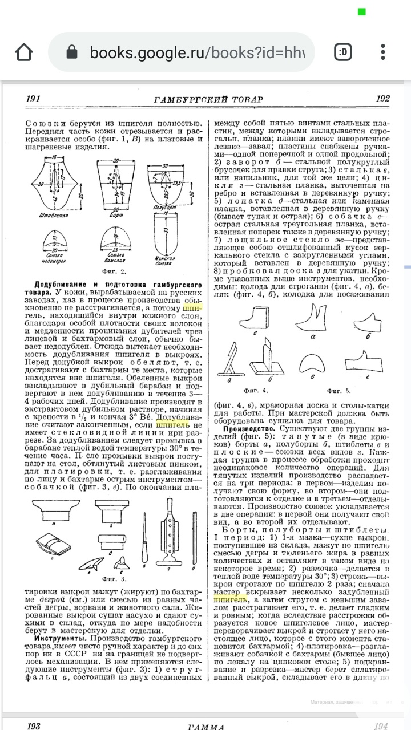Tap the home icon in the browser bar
click(24, 52)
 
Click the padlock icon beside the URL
click(72, 52)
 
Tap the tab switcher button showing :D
click(343, 52)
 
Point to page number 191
click(33, 99)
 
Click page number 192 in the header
click(382, 99)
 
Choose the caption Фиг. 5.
click(339, 391)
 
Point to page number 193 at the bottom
click(33, 726)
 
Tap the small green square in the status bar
click(361, 11)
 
